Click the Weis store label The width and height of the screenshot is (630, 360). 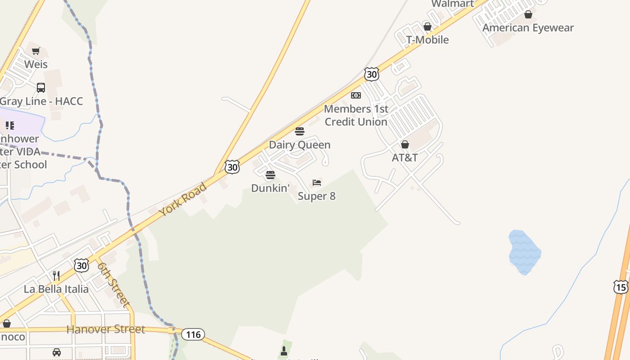36,64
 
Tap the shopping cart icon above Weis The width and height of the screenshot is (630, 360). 36,51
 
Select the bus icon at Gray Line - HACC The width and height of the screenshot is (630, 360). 41,88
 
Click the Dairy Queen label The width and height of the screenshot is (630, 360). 300,145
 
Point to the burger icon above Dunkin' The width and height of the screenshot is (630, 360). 270,175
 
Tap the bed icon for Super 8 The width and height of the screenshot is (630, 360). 317,183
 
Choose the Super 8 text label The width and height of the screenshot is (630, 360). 317,196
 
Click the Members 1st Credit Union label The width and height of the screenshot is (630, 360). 356,115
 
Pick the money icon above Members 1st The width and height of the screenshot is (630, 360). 356,95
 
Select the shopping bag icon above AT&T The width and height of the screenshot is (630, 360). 405,144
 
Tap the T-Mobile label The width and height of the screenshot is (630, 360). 427,40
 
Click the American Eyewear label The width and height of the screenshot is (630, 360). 528,28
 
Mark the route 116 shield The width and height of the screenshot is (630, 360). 193,334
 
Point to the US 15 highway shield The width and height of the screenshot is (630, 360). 621,287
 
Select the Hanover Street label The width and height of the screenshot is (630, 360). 106,329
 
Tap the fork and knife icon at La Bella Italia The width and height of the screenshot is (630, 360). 56,275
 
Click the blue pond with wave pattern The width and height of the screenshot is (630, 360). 524,252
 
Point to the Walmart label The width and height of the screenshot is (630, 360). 452,4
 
